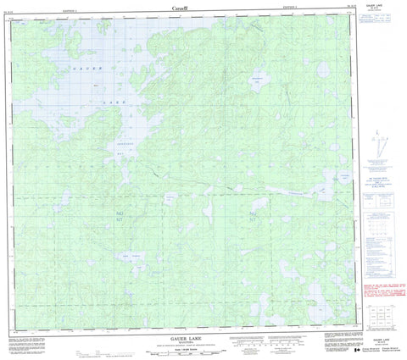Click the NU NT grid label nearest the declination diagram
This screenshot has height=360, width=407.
(253, 217)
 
